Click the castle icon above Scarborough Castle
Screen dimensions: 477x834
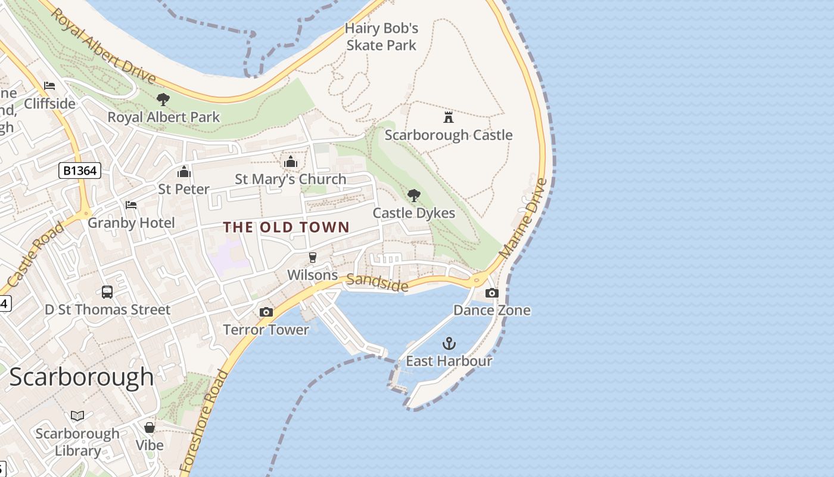pyautogui.click(x=449, y=117)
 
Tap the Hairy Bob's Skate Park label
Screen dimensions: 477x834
pyautogui.click(x=381, y=36)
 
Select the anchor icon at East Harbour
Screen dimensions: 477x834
pyautogui.click(x=449, y=343)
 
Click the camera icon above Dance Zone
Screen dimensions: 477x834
pyautogui.click(x=492, y=293)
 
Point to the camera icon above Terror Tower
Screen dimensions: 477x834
pyautogui.click(x=266, y=312)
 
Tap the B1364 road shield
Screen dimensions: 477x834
pyautogui.click(x=80, y=171)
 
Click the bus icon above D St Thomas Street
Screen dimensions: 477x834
pyautogui.click(x=107, y=292)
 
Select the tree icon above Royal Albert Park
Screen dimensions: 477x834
pyautogui.click(x=163, y=100)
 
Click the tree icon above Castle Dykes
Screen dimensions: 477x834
pyautogui.click(x=413, y=196)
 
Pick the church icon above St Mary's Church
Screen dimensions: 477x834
pyautogui.click(x=291, y=162)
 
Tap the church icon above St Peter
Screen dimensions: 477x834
pyautogui.click(x=183, y=172)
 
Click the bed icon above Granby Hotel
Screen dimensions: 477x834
pyautogui.click(x=131, y=205)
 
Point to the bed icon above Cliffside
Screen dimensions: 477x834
pyautogui.click(x=49, y=86)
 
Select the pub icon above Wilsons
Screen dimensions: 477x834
pyautogui.click(x=312, y=258)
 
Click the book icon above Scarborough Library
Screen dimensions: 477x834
pyautogui.click(x=77, y=416)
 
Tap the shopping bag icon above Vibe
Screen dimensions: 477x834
pyautogui.click(x=150, y=428)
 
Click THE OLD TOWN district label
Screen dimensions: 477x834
pyautogui.click(x=286, y=227)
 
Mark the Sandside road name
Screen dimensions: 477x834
pyautogui.click(x=377, y=283)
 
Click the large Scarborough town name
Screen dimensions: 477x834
pyautogui.click(x=82, y=377)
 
